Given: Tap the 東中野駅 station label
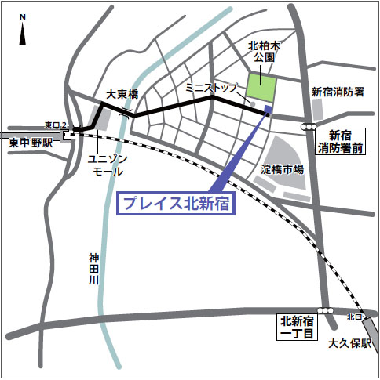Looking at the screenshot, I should [x=31, y=144].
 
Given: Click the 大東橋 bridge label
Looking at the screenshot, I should [x=122, y=94].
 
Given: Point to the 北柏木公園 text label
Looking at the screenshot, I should [x=263, y=52].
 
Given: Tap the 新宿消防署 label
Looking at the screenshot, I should [x=338, y=92].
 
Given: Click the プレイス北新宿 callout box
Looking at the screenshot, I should [x=177, y=204].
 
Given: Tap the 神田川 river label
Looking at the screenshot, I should [x=93, y=270].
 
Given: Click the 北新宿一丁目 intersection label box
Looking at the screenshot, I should [x=298, y=328].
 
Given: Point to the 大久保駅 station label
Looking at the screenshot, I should [x=348, y=342].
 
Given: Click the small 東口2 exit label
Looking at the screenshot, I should [x=55, y=125].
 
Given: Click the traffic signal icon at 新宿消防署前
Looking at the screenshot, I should [x=309, y=125].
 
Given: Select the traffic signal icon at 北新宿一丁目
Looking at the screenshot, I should [x=324, y=311].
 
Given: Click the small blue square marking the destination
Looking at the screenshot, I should [x=269, y=109].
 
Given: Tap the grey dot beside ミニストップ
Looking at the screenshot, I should [x=252, y=103].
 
